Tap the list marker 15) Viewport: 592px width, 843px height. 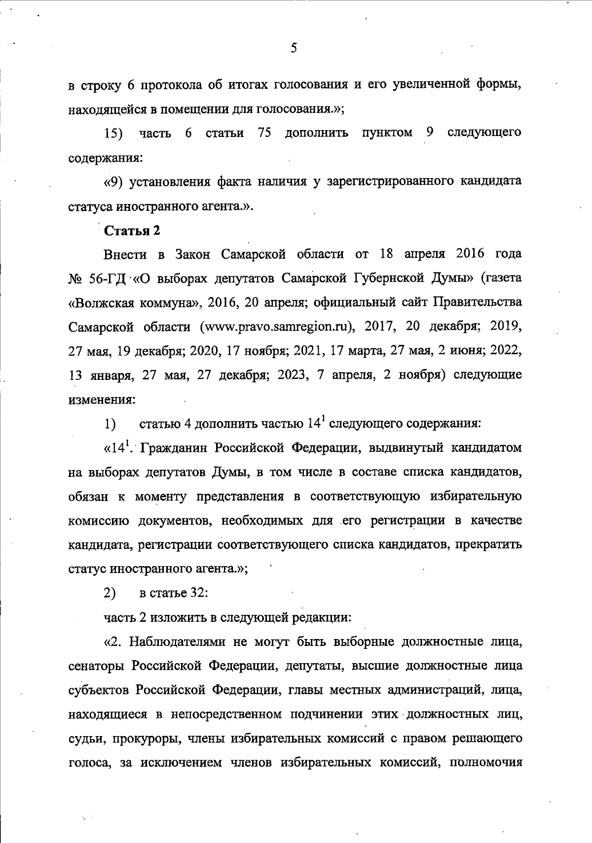(114, 134)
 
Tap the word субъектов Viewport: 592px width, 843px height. (98, 690)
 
